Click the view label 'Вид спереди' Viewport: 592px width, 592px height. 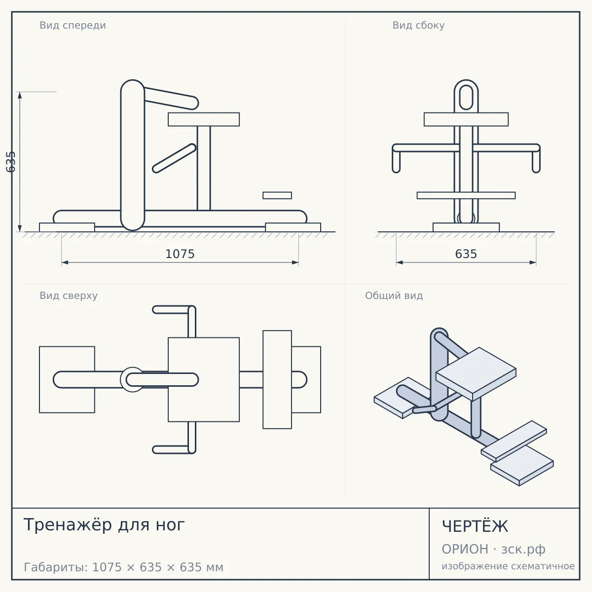point(73,26)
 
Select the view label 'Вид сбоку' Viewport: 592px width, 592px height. point(418,26)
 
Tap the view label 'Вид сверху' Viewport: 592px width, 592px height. point(69,296)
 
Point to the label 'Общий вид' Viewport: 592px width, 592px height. point(394,296)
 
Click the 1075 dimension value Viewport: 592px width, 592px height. point(180,254)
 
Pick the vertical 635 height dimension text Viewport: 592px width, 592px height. point(11,162)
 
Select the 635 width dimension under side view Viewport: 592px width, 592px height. point(466,254)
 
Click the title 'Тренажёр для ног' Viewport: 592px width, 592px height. point(104,525)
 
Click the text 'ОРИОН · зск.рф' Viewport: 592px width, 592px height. point(493,549)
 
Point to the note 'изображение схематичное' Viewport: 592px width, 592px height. point(508,566)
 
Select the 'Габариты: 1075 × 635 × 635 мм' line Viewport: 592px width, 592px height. point(123,567)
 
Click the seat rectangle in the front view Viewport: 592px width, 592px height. point(204,119)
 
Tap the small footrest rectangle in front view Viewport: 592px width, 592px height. point(277,195)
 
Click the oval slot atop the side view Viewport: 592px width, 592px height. point(466,97)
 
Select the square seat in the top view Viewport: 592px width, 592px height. point(204,380)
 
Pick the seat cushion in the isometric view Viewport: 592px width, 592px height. point(476,373)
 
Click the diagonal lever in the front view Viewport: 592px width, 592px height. point(174,158)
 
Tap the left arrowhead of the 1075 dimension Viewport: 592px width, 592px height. point(65,262)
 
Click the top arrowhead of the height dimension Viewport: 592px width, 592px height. point(20,95)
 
